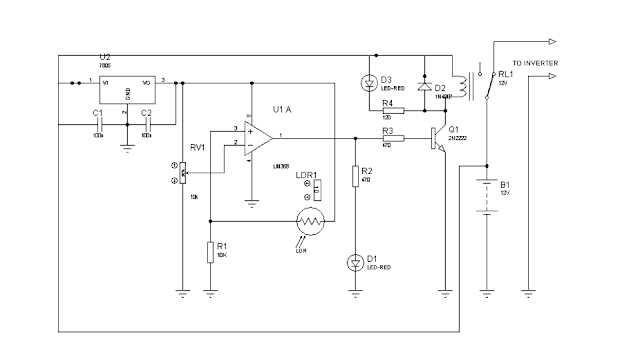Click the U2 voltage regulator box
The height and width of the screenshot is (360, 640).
pos(128,86)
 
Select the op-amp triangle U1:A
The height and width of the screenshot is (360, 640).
pos(259,136)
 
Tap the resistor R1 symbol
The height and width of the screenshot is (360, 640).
pos(211,250)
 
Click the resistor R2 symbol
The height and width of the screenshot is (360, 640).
pos(355,177)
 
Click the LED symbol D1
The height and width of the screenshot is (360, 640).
pos(355,263)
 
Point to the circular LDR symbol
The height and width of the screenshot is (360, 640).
pos(310,222)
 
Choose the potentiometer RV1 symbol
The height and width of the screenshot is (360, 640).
pos(181,171)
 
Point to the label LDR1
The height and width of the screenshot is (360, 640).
pos(306,176)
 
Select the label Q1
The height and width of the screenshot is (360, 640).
pos(454,129)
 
